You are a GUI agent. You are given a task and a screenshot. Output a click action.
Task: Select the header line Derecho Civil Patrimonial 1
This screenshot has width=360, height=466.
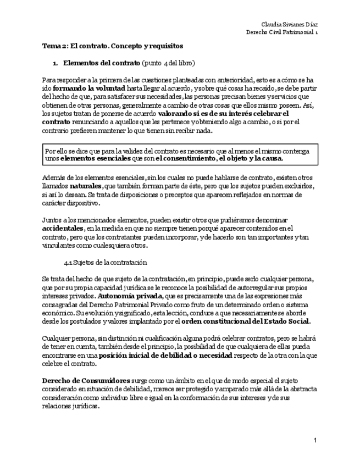point(282,32)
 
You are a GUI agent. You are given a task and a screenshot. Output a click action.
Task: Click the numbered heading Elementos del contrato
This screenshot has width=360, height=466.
point(102,63)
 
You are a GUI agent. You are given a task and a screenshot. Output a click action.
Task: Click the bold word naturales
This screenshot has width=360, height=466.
point(85,186)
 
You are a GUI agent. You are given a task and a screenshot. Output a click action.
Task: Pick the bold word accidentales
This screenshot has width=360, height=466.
point(63,228)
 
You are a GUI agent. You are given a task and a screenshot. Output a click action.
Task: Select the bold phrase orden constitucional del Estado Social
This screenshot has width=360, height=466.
point(246,321)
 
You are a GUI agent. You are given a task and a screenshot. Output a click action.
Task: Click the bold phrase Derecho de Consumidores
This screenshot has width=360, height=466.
point(86,380)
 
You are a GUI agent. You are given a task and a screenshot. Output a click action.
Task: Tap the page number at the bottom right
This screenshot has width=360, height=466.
point(315,441)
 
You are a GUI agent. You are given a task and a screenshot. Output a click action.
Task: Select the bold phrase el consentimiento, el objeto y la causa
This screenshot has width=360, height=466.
point(219,159)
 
